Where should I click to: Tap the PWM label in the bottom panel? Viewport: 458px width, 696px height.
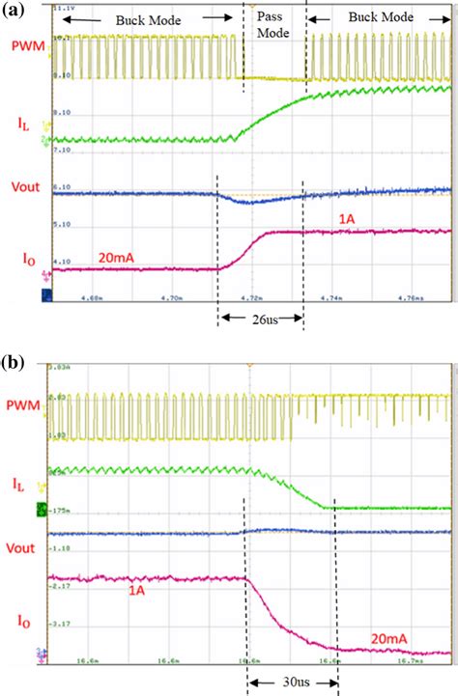[23, 410]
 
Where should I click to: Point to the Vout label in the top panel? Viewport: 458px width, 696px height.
[23, 187]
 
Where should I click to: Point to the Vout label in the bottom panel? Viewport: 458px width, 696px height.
[23, 543]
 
